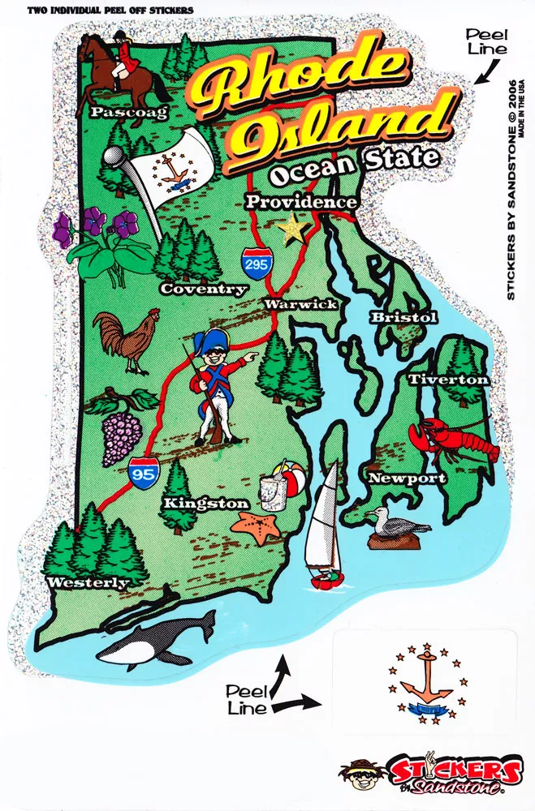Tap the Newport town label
point(407,478)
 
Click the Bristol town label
point(403,317)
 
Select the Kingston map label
point(205,504)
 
